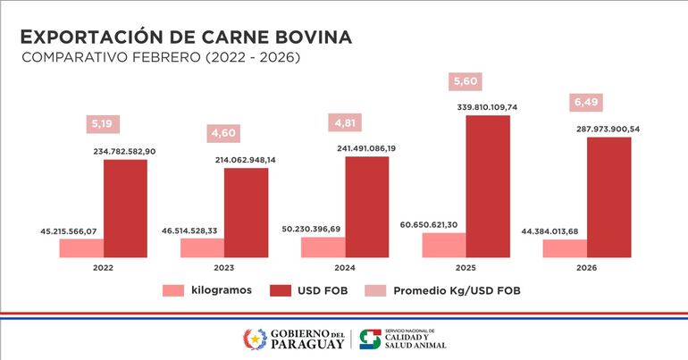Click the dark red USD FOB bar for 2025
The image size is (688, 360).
(488, 186)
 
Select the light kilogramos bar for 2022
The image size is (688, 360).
(81, 247)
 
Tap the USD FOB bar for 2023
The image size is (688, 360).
(246, 212)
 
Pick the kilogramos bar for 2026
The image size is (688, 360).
(565, 247)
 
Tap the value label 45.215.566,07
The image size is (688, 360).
(80, 231)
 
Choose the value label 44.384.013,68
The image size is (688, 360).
(564, 231)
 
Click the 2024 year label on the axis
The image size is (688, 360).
(344, 266)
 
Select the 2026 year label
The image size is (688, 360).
(585, 266)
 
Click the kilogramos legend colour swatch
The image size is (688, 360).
(172, 290)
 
